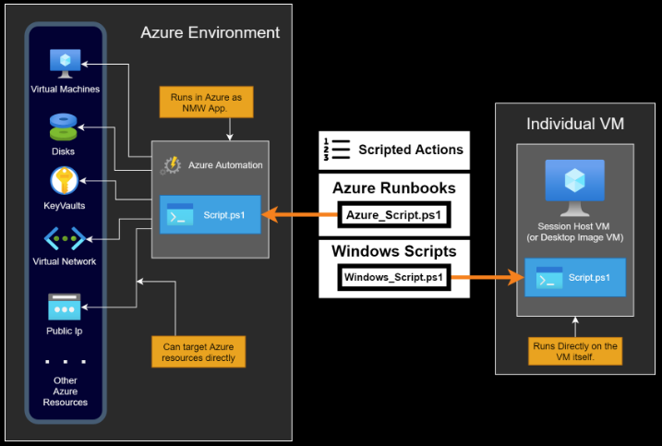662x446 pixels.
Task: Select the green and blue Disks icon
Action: tap(64, 125)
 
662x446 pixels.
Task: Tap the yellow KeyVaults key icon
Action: tap(64, 180)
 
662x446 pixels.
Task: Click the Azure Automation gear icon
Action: tap(172, 164)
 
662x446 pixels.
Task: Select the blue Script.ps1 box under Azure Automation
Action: tap(210, 216)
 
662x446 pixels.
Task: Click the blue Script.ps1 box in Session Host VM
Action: tap(574, 277)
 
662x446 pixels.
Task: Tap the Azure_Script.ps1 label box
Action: tap(394, 216)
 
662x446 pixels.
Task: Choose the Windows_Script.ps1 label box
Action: tap(394, 277)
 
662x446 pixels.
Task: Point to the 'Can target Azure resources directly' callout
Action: tap(199, 352)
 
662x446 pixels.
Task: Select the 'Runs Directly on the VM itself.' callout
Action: tap(575, 352)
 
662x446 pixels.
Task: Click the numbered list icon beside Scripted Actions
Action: tap(335, 149)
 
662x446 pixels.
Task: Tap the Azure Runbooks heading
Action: tap(394, 188)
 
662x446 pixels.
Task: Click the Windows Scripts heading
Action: tap(394, 250)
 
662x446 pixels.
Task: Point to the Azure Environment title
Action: tap(210, 33)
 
